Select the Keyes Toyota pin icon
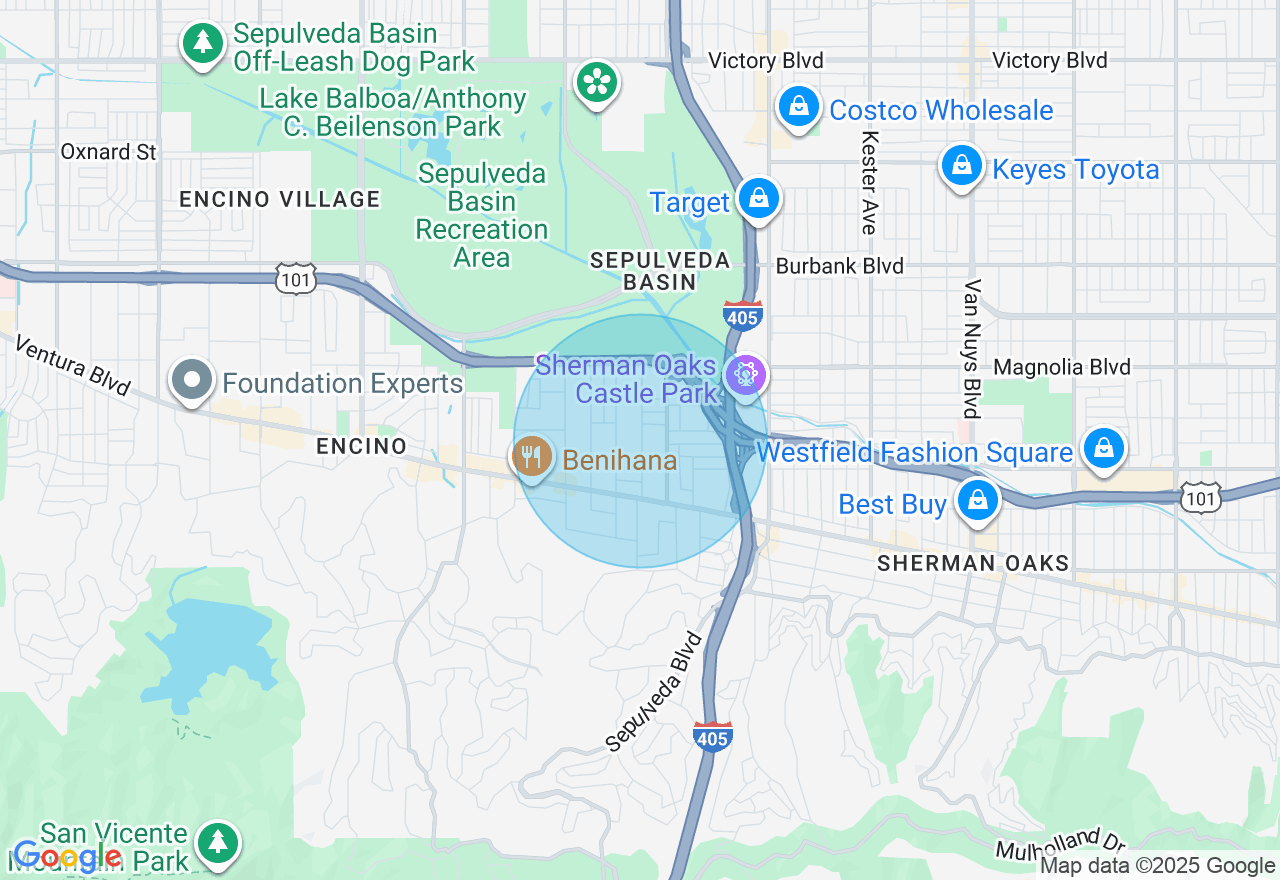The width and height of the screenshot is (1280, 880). [x=961, y=166]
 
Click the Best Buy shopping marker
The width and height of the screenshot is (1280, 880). [x=977, y=500]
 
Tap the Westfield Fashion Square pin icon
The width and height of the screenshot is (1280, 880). [x=1103, y=448]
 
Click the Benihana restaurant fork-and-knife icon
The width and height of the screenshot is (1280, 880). [x=532, y=458]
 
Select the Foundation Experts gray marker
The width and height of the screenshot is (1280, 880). [x=192, y=381]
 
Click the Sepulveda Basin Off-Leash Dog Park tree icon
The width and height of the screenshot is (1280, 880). [x=204, y=43]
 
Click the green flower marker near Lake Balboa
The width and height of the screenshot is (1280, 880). [x=597, y=82]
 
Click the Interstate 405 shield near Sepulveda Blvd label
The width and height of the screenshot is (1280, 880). [x=712, y=736]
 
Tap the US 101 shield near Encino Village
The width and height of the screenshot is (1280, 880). [x=297, y=278]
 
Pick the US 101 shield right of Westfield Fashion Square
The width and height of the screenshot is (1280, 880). [x=1199, y=497]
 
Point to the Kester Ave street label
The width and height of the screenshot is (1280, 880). [x=868, y=183]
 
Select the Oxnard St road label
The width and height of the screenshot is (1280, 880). [x=109, y=152]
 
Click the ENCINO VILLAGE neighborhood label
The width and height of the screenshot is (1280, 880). [x=280, y=199]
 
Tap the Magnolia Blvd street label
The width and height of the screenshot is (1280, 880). [x=1062, y=367]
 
